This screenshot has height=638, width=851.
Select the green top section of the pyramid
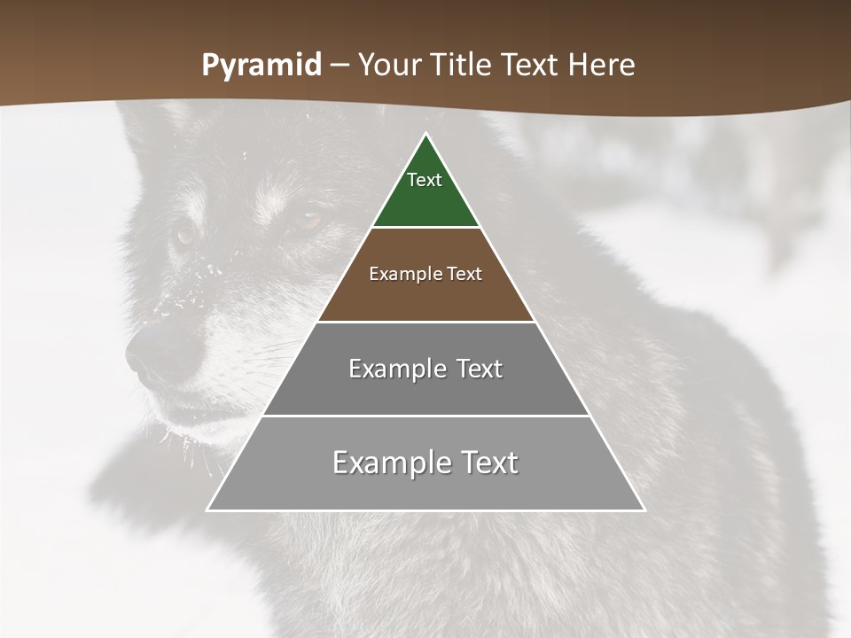pyautogui.click(x=425, y=199)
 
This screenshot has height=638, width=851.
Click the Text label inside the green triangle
pyautogui.click(x=425, y=181)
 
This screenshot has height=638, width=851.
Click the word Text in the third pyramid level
pyautogui.click(x=480, y=370)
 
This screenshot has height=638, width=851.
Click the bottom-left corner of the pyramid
pyautogui.click(x=208, y=510)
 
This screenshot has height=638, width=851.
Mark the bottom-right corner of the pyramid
pyautogui.click(x=644, y=510)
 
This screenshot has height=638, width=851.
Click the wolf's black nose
pyautogui.click(x=152, y=354)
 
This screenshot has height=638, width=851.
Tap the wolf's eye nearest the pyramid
pyautogui.click(x=308, y=219)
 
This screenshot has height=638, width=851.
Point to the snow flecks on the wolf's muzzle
pyautogui.click(x=182, y=292)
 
